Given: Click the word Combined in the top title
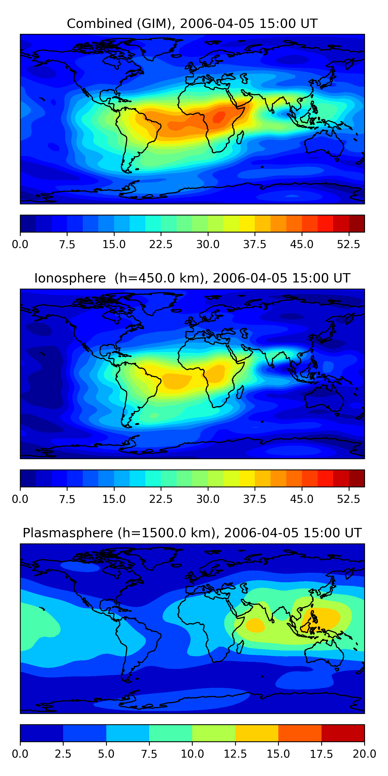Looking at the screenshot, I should click(x=99, y=24).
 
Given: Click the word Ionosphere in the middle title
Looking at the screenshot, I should click(x=70, y=278).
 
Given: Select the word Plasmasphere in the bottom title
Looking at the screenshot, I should click(x=68, y=533).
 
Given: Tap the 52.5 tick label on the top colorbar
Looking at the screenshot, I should click(x=348, y=244).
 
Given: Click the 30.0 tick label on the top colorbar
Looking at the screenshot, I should click(x=208, y=244).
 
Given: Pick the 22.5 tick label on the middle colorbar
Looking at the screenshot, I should click(x=161, y=499).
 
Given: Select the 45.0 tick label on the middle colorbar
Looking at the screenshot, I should click(x=302, y=499).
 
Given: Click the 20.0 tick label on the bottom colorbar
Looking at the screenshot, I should click(x=364, y=754).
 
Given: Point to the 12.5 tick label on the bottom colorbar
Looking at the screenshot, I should click(x=235, y=754).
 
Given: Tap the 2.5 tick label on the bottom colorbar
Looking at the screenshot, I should click(x=63, y=754).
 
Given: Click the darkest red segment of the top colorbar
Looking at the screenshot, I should click(x=357, y=223).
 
